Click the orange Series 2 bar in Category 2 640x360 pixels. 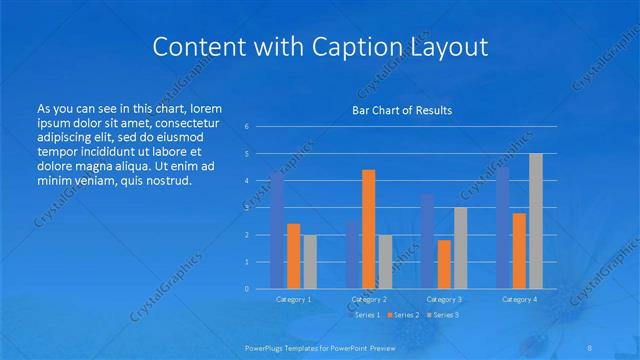368,229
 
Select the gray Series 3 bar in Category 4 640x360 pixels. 536,221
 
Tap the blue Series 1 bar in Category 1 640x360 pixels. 277,230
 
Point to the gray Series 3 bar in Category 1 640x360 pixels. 310,261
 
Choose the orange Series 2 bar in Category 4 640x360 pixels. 519,250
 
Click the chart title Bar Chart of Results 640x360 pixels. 403,110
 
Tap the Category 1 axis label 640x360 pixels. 293,299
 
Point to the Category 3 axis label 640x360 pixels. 444,299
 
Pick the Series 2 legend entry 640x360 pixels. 403,315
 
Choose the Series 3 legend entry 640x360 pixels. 443,315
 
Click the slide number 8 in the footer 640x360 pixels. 590,346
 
